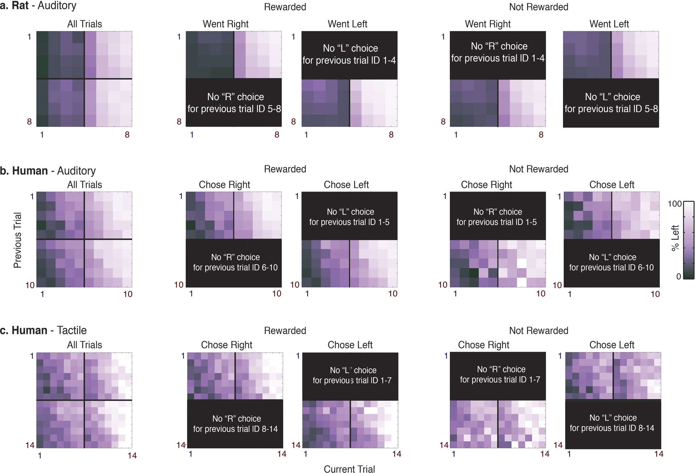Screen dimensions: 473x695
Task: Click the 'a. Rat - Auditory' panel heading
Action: [x=38, y=6]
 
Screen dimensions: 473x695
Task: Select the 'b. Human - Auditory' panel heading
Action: [x=48, y=171]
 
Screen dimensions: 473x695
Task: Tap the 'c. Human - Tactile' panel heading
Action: [x=43, y=330]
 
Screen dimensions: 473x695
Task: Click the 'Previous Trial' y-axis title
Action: [x=18, y=240]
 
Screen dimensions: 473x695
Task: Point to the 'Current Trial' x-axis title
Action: [x=349, y=469]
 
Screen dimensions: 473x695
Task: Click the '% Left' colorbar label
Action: [x=675, y=238]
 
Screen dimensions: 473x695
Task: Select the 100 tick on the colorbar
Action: [x=674, y=204]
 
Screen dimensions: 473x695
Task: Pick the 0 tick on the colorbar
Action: [x=678, y=277]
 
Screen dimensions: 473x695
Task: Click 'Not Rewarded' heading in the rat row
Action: [x=538, y=7]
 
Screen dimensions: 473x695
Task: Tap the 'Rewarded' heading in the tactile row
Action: [x=285, y=330]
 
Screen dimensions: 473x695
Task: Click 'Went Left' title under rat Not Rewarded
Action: [x=609, y=24]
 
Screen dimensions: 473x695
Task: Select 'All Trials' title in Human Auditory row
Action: [x=84, y=185]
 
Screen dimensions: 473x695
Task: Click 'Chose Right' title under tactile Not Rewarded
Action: [x=484, y=345]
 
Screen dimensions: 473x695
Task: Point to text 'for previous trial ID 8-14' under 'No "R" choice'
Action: [x=235, y=429]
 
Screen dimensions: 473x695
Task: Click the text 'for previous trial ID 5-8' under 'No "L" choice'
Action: [x=611, y=109]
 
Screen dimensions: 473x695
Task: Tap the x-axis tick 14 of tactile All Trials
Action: [x=132, y=455]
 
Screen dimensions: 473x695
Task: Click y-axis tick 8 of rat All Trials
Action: [x=29, y=121]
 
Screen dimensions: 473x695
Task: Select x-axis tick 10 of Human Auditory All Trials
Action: [x=128, y=294]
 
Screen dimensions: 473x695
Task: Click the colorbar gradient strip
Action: [x=689, y=240]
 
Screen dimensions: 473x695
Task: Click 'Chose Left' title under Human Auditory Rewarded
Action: [x=346, y=185]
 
